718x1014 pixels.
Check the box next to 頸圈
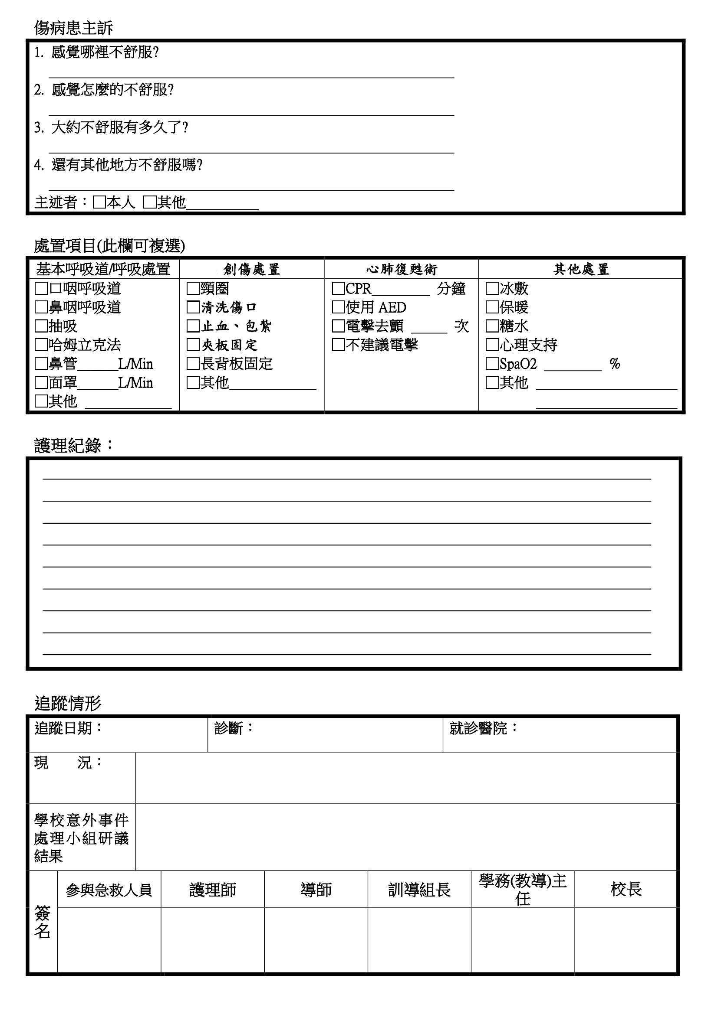tap(193, 289)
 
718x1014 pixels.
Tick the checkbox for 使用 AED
tap(338, 307)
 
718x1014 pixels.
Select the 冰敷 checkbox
tap(492, 289)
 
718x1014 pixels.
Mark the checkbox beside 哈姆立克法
tap(41, 345)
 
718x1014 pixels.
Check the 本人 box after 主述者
tap(99, 203)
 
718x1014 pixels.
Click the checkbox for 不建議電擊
tap(338, 345)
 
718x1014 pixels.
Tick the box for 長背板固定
tap(193, 364)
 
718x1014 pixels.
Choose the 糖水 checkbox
tap(492, 326)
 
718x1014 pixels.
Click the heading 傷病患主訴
tap(73, 28)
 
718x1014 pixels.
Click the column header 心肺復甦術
tap(402, 269)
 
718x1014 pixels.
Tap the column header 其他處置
tap(581, 269)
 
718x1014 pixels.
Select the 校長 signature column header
tap(626, 890)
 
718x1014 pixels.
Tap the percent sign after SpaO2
tap(615, 364)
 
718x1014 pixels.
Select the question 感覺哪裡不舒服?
tap(105, 52)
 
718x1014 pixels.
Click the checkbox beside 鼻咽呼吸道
tap(41, 307)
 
